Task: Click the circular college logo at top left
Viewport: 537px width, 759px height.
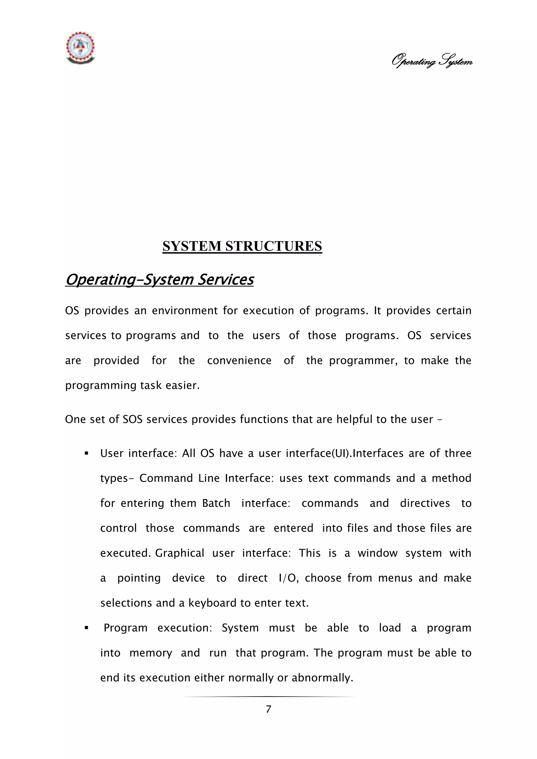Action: [x=80, y=48]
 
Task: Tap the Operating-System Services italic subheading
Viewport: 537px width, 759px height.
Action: [x=159, y=280]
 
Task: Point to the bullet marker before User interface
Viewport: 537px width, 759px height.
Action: [x=87, y=453]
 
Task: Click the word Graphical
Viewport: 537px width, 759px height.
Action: [x=180, y=553]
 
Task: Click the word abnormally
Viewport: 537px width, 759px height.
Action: [x=323, y=678]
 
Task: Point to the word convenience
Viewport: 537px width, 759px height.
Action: [x=239, y=360]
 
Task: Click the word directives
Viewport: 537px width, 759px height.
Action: [x=425, y=503]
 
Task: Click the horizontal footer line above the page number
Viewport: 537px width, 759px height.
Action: [x=268, y=697]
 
